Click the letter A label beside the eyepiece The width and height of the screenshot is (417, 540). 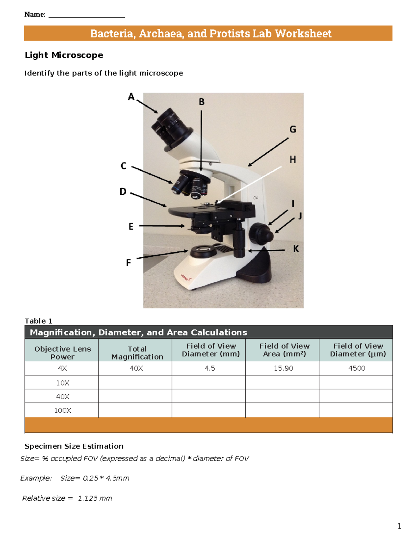[131, 97]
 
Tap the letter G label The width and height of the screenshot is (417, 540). [293, 129]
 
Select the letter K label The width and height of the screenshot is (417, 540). [296, 249]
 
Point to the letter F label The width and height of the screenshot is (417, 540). [128, 263]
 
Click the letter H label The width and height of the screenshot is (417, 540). [293, 160]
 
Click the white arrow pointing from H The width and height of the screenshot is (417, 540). [249, 185]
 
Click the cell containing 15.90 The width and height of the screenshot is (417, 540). [283, 368]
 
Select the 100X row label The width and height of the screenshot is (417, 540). [63, 410]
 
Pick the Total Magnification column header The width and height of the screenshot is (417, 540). [137, 353]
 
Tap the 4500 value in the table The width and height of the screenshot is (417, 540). [357, 368]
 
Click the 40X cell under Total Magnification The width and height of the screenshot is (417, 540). [136, 368]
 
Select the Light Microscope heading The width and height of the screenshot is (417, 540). [64, 55]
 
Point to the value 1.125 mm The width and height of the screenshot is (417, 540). [95, 498]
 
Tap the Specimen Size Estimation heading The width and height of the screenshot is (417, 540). [74, 446]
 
